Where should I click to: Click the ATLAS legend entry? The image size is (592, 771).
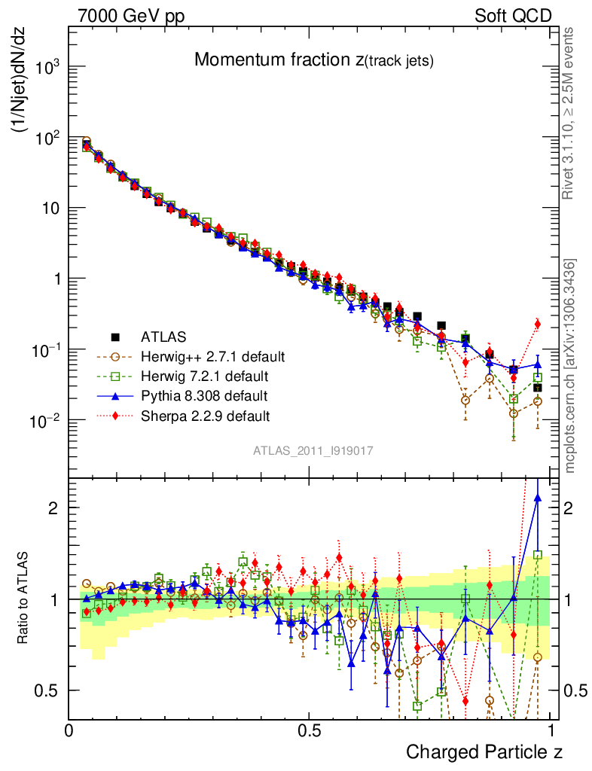[163, 336]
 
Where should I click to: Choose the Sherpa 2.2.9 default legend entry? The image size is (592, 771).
[206, 416]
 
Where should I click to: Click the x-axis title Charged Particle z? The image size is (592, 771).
[484, 751]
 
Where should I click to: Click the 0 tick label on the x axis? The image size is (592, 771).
[69, 730]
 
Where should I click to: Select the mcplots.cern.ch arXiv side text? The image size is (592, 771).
[571, 366]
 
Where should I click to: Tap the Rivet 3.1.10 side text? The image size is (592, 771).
[571, 113]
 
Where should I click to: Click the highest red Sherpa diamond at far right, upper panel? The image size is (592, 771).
[537, 324]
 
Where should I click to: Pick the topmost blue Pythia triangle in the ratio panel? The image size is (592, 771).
[537, 497]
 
